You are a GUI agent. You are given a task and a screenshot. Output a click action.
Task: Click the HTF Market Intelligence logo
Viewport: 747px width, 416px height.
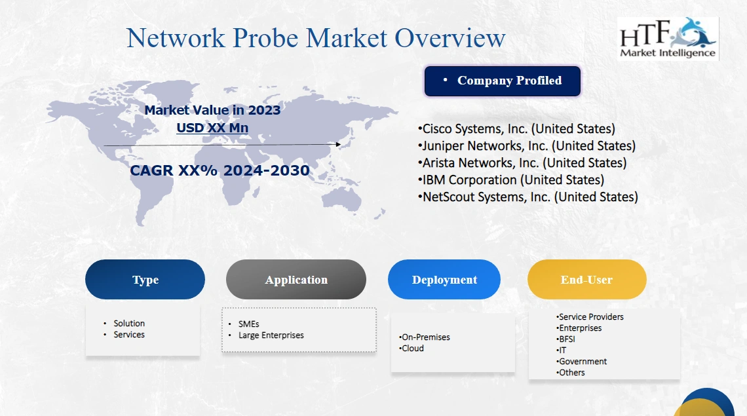click(668, 39)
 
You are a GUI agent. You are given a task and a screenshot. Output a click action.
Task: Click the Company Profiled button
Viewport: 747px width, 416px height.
click(503, 81)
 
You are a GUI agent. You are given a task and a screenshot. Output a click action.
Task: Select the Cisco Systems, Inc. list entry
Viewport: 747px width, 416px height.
click(518, 129)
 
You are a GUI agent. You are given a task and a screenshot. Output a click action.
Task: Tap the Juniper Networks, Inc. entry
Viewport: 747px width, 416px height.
click(528, 146)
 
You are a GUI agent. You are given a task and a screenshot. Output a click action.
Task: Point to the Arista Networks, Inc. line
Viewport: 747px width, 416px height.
click(524, 163)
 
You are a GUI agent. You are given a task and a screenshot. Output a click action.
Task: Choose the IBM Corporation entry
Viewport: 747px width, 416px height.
click(512, 180)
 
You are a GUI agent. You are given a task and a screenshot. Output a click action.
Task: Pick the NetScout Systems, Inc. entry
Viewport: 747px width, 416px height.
click(529, 197)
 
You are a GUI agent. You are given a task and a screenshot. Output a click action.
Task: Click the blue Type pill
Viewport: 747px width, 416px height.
click(145, 280)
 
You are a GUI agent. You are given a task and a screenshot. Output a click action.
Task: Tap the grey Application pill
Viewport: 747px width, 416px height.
click(296, 280)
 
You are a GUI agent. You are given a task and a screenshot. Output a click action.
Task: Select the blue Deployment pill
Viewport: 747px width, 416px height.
click(444, 280)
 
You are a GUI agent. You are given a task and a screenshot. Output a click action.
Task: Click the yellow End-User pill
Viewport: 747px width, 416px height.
click(586, 280)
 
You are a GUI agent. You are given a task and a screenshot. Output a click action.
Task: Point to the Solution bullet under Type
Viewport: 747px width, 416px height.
click(129, 324)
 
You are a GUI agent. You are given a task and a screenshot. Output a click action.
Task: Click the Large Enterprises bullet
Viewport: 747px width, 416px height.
click(271, 335)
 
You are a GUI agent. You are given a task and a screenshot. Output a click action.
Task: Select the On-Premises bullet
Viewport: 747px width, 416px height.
click(426, 337)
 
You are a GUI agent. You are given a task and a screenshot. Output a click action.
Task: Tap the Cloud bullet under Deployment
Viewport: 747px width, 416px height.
click(413, 349)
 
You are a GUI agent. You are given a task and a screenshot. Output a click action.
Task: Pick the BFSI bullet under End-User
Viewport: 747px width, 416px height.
click(567, 339)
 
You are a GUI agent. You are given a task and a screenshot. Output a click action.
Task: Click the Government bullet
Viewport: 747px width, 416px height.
click(583, 362)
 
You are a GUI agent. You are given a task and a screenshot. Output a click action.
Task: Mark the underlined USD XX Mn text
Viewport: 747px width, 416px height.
click(212, 128)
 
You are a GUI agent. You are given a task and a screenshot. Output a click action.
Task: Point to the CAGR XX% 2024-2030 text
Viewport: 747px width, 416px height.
click(220, 171)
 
